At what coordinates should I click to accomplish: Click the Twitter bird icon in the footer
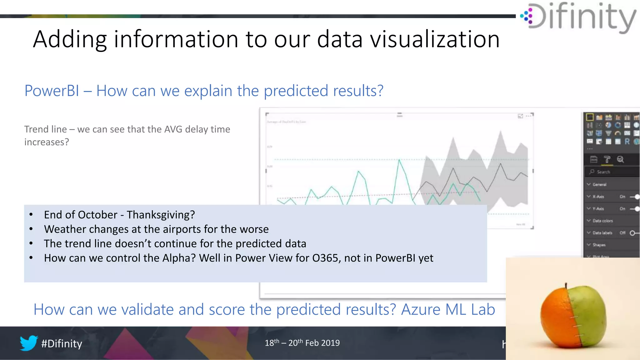coord(29,343)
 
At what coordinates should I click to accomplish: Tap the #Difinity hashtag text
coord(62,343)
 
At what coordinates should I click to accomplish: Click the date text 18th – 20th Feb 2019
coord(302,343)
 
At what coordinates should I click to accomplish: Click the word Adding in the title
coord(69,39)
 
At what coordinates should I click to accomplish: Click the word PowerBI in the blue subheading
coord(52,91)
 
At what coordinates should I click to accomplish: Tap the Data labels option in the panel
coord(602,233)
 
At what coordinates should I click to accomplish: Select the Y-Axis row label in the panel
coord(598,209)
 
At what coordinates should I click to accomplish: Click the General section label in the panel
coord(599,184)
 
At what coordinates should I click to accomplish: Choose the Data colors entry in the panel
coord(602,221)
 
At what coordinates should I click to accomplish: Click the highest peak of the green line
coord(399,160)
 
